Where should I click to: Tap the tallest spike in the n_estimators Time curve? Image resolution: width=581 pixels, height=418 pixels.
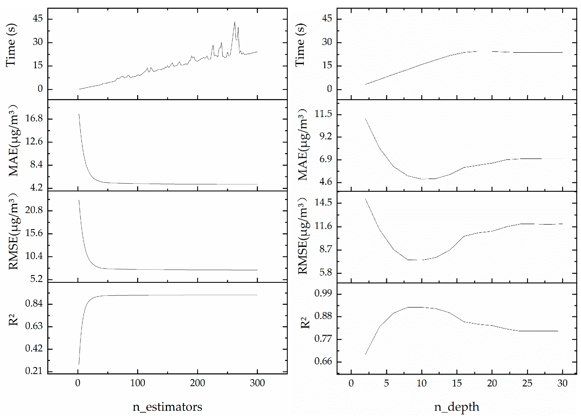point(234,22)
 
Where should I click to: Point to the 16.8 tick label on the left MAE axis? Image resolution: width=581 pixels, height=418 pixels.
point(34,118)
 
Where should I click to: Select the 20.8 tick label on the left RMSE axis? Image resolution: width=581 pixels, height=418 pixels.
point(34,210)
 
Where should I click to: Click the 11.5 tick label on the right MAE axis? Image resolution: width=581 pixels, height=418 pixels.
point(323,114)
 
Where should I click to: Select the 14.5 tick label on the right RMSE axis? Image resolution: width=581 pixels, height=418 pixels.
point(323,202)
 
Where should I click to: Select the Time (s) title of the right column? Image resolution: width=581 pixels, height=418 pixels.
point(300,45)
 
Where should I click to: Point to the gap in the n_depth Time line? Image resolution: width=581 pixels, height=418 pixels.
point(485,51)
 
